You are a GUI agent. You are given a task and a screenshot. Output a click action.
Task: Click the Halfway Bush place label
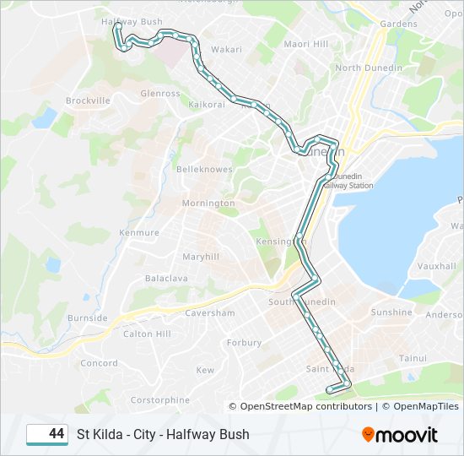click(x=132, y=21)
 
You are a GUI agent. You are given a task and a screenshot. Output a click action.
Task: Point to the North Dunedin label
click(x=368, y=68)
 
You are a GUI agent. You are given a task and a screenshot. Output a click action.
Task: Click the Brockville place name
click(x=88, y=100)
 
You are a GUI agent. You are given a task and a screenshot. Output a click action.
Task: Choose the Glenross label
click(x=160, y=94)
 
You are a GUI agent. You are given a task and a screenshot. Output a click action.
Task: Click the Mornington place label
click(x=208, y=204)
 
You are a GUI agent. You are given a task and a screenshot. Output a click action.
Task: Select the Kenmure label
click(x=139, y=232)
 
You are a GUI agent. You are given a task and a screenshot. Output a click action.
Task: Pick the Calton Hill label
click(x=147, y=334)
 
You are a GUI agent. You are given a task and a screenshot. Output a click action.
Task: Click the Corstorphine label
click(x=160, y=399)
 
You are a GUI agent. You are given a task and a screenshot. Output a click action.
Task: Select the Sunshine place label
click(x=391, y=312)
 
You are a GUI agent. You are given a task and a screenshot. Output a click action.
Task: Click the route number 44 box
click(x=47, y=434)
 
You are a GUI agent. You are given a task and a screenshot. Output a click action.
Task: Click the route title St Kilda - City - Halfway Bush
click(x=163, y=434)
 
